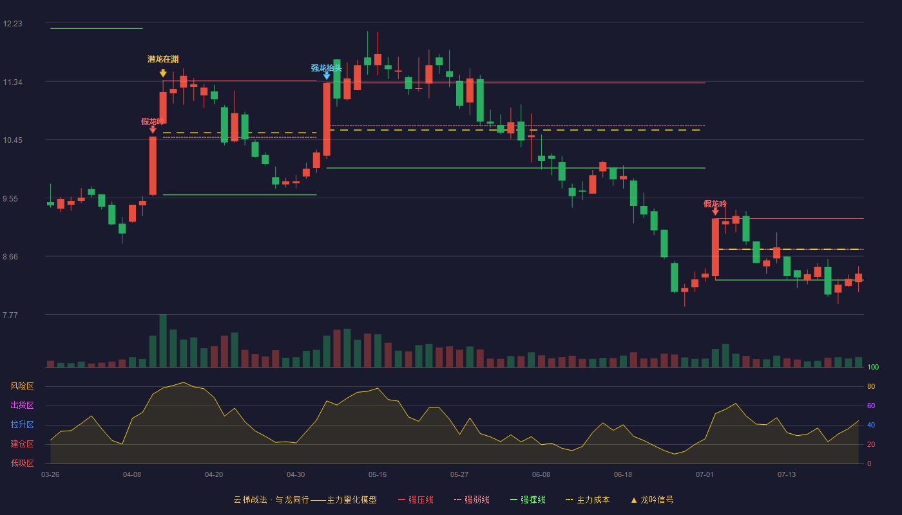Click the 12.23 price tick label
coord(12,24)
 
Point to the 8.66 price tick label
coord(10,257)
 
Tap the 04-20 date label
coord(214,475)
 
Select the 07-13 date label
coord(787,475)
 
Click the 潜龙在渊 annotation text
coord(163,59)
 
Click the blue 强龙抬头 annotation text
coord(326,68)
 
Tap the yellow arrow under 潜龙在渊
coord(163,73)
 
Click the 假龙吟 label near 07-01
coord(715,204)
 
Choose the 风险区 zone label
coord(22,386)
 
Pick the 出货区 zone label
coord(22,405)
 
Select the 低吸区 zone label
coord(22,463)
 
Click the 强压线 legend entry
coord(416,500)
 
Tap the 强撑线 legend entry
coord(528,500)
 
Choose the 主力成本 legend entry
coord(588,500)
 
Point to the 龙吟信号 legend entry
coord(652,500)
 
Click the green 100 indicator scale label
coord(873,367)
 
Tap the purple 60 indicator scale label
coord(871,406)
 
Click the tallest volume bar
coord(163,341)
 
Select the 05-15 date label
coord(378,475)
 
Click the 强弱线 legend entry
coord(472,500)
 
